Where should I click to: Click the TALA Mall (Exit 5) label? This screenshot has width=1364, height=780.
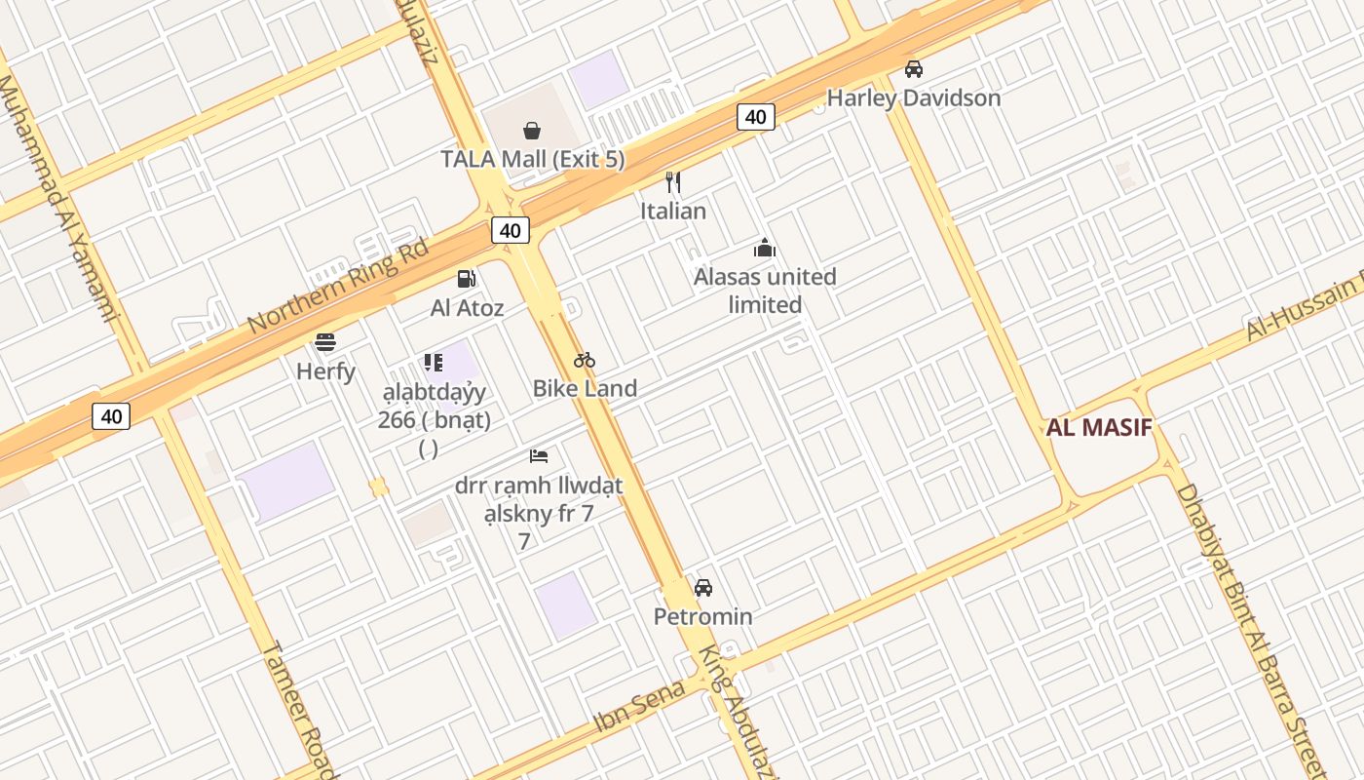(x=532, y=159)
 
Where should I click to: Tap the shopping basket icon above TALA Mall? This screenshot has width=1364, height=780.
(x=532, y=131)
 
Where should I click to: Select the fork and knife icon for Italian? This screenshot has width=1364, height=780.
(x=672, y=182)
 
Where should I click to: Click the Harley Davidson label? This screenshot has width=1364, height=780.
(x=913, y=97)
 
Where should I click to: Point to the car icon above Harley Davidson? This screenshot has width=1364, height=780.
(x=913, y=69)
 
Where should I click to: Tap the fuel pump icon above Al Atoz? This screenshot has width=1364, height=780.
(x=467, y=280)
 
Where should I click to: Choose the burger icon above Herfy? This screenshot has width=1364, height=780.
(x=325, y=342)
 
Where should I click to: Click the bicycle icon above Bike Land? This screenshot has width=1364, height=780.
(x=585, y=360)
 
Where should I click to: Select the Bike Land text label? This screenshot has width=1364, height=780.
(x=585, y=388)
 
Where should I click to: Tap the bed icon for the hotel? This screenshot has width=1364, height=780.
(x=539, y=455)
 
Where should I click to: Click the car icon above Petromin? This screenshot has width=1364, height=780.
(x=702, y=588)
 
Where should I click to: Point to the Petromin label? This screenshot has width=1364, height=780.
(x=702, y=616)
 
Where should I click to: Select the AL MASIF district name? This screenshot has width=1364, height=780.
(x=1099, y=427)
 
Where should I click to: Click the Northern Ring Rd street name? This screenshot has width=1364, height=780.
(x=338, y=286)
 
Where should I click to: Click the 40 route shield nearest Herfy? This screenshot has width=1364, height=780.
(x=111, y=416)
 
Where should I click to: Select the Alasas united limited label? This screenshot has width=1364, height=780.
(x=765, y=291)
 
